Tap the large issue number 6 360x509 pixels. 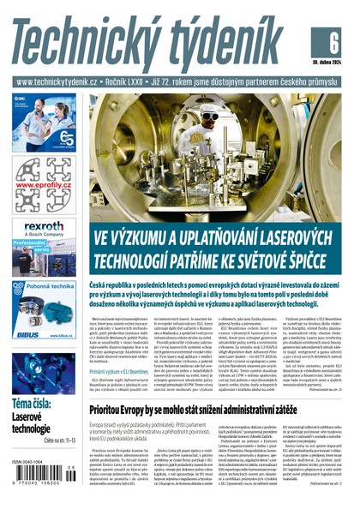click(x=333, y=41)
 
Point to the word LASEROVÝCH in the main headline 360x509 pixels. click(x=291, y=237)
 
